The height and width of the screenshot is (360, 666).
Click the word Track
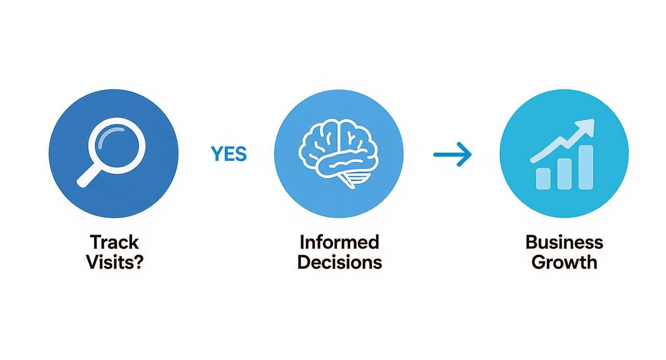tap(114, 242)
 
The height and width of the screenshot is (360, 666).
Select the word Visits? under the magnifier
tap(114, 262)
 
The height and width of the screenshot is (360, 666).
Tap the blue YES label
tap(229, 154)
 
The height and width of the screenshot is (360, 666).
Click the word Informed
tap(339, 242)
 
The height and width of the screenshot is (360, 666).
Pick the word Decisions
tap(339, 262)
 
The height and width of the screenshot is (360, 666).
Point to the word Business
tap(564, 242)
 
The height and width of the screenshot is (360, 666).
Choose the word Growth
tap(564, 262)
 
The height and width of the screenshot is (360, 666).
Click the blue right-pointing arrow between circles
tap(452, 154)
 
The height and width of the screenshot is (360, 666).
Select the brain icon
tap(338, 148)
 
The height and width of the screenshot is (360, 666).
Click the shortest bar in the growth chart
tap(543, 178)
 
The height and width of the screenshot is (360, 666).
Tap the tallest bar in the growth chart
tap(586, 167)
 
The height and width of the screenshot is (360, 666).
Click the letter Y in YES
tap(216, 154)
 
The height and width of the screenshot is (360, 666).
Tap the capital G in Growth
tap(539, 262)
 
